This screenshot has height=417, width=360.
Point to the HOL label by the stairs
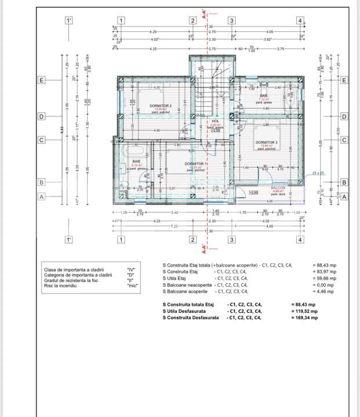215,121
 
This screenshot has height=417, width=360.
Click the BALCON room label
278,188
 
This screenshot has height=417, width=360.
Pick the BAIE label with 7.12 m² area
264,96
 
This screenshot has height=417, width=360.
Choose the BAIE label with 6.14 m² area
137,162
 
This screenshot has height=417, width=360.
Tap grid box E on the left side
41,80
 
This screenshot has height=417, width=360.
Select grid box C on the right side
344,140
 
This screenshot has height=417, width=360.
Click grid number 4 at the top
300,21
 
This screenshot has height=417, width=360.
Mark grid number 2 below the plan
193,239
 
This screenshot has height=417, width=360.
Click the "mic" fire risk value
132,286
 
